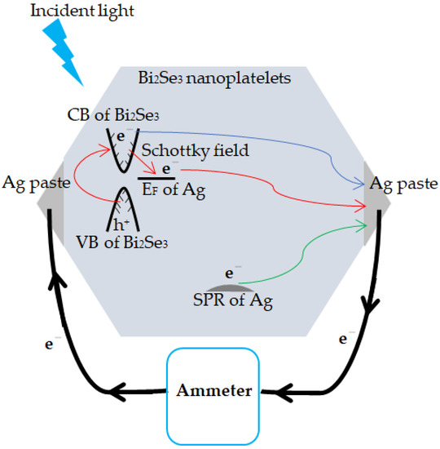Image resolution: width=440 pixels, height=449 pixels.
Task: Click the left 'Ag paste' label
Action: (31, 181)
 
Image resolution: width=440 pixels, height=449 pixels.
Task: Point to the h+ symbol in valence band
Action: (123, 221)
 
